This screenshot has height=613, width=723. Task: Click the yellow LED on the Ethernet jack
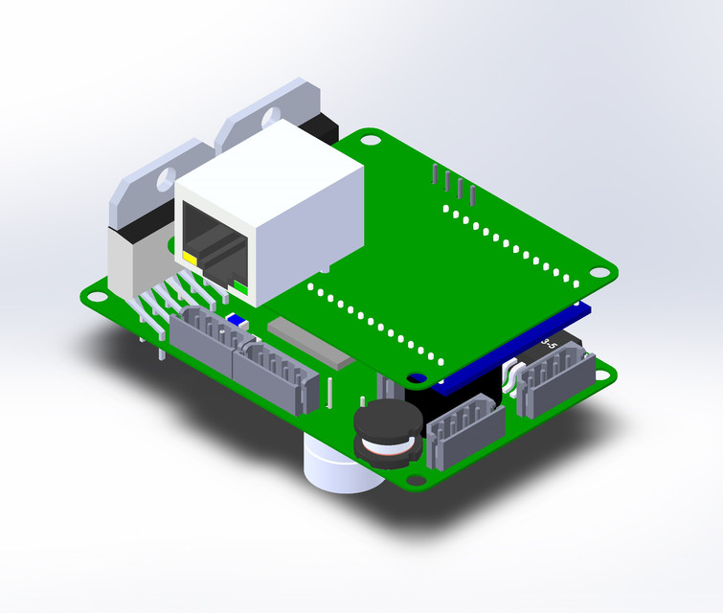tap(190, 259)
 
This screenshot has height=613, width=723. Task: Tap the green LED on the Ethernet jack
tap(238, 284)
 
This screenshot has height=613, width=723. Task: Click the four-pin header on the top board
tap(454, 184)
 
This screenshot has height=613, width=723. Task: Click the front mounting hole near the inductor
tap(414, 480)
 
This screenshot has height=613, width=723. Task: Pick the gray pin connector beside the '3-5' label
tap(554, 377)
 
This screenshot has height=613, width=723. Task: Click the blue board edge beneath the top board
tap(508, 355)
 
